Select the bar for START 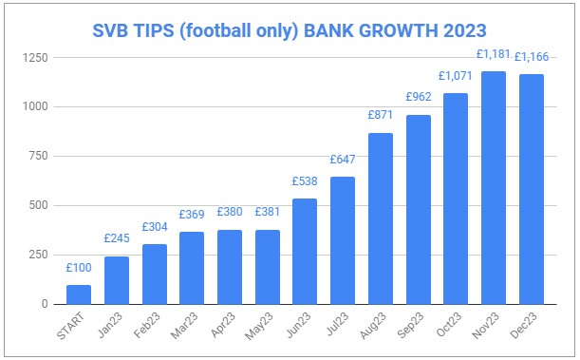(x=80, y=294)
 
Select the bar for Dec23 (x=530, y=189)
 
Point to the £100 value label (x=80, y=268)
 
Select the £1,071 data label (x=456, y=75)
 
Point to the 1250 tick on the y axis (x=38, y=58)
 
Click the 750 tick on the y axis (x=41, y=157)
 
